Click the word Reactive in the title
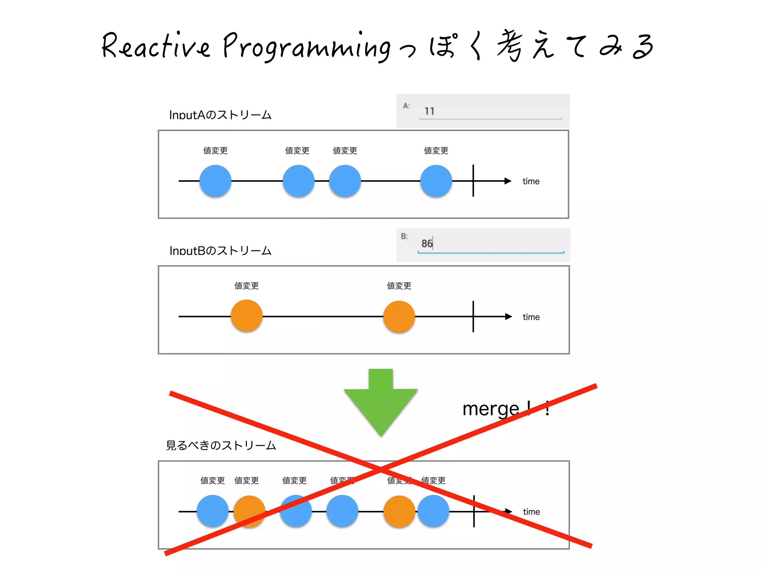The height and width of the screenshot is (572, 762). (x=156, y=47)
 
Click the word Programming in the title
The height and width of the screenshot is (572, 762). (x=307, y=48)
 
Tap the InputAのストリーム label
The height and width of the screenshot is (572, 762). (x=220, y=115)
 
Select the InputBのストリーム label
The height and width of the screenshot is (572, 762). (x=220, y=251)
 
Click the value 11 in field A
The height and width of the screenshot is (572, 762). (x=429, y=111)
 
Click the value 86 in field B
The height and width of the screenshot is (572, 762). (x=427, y=243)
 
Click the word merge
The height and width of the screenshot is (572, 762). (x=490, y=409)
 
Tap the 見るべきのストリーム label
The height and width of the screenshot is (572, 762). (x=221, y=445)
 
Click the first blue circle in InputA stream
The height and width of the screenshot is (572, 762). (x=215, y=181)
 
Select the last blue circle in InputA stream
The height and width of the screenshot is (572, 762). (x=436, y=181)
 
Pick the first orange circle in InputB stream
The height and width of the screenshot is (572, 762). (x=247, y=316)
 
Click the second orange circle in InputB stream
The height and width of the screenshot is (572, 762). (x=399, y=316)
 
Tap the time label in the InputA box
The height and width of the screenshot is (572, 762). (x=531, y=181)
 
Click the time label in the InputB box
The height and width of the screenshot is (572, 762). (x=531, y=317)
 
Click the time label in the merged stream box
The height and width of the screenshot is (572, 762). (x=531, y=512)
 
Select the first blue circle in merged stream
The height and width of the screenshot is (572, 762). (x=212, y=511)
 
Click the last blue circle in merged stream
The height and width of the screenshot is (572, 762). (x=433, y=511)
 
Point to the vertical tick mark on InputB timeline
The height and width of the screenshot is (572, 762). (x=473, y=316)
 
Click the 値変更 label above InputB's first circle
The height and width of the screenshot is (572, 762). (x=247, y=286)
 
